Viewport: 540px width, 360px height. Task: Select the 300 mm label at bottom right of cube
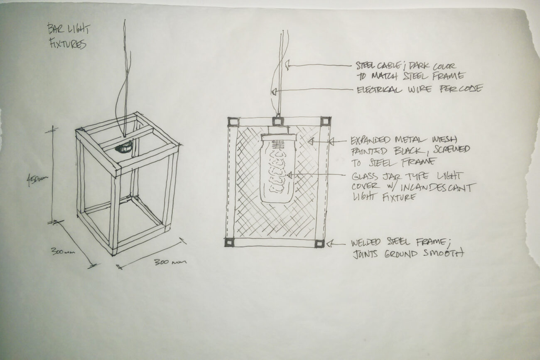170,262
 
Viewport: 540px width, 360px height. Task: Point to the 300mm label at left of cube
63,251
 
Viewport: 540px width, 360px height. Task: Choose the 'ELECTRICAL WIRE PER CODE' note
420,89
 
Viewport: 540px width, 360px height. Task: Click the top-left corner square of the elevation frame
233,122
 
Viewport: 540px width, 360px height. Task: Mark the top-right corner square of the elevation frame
325,121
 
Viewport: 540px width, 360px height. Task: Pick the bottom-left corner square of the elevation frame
229,242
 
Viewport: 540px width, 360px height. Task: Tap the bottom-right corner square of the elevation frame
319,243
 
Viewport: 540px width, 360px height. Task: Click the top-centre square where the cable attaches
278,121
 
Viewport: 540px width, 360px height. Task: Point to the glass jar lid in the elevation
279,137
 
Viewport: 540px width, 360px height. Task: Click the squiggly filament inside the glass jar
277,171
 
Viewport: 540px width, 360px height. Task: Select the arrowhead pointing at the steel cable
287,65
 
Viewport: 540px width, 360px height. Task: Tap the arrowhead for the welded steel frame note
329,243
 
